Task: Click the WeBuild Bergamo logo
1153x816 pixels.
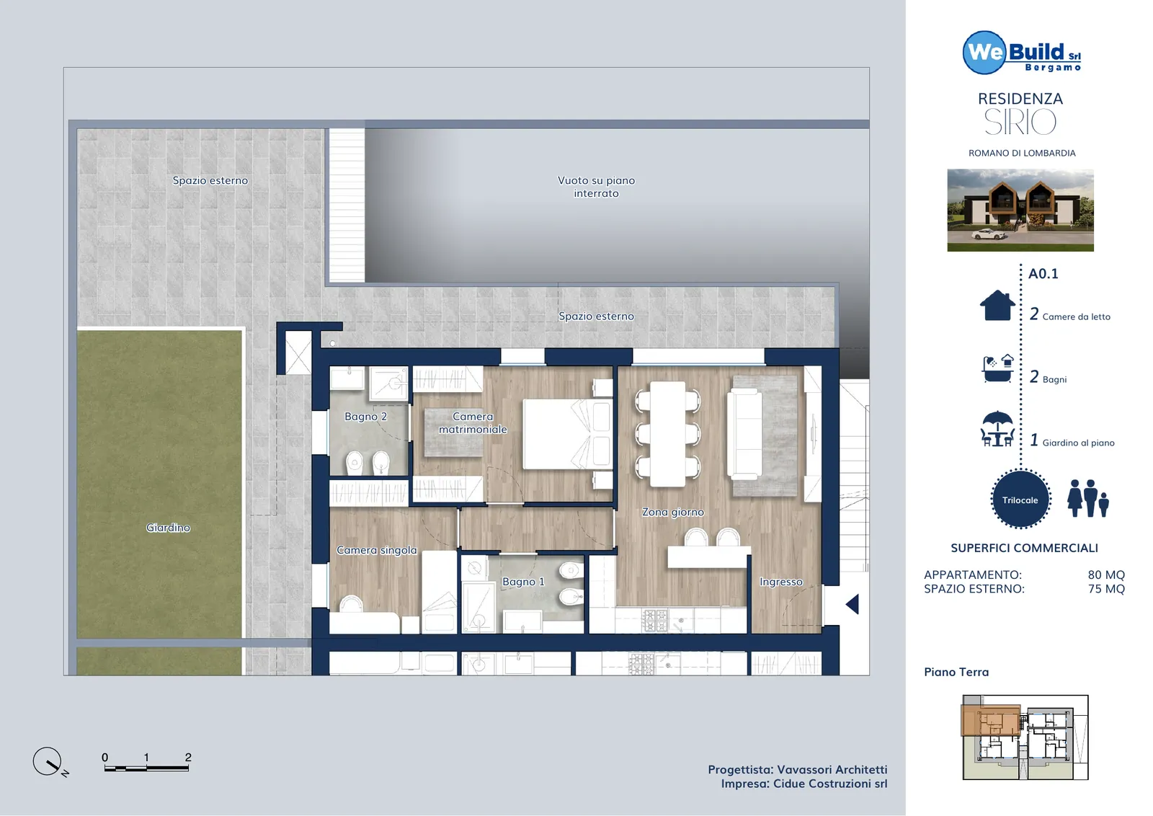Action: pyautogui.click(x=1022, y=53)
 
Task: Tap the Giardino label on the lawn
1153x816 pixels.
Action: pyautogui.click(x=168, y=528)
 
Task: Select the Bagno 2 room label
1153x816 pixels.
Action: pyautogui.click(x=365, y=417)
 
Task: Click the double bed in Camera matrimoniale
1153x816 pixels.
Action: pyautogui.click(x=568, y=434)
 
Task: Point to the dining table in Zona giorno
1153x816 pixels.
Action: pyautogui.click(x=667, y=434)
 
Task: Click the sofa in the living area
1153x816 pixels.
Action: pyautogui.click(x=744, y=434)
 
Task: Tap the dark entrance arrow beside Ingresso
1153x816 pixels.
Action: pyautogui.click(x=852, y=604)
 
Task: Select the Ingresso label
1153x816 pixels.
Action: pyautogui.click(x=781, y=582)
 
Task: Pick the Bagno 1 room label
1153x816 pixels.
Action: pyautogui.click(x=523, y=582)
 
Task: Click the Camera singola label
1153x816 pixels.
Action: pyautogui.click(x=377, y=550)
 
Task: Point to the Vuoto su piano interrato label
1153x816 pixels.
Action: pyautogui.click(x=596, y=187)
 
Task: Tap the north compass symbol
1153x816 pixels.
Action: pyautogui.click(x=48, y=762)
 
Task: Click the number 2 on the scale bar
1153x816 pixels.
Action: pyautogui.click(x=188, y=758)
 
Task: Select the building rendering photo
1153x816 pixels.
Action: pyautogui.click(x=1020, y=210)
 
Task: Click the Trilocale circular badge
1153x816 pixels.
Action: pyautogui.click(x=1020, y=500)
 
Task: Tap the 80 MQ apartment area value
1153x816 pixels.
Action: pyautogui.click(x=1106, y=575)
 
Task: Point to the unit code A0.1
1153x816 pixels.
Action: pyautogui.click(x=1043, y=274)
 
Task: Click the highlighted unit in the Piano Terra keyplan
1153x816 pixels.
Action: pyautogui.click(x=991, y=719)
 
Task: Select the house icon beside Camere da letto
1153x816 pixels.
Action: pyautogui.click(x=997, y=306)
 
